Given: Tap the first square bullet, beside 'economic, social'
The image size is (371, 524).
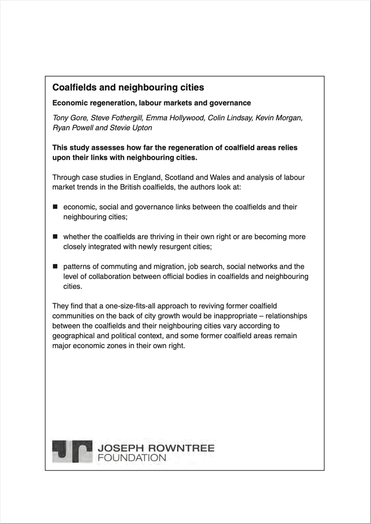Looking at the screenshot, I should point(55,207).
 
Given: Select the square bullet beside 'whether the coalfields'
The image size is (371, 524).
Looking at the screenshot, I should point(55,237).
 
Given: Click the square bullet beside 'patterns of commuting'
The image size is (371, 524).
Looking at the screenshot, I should point(55,266).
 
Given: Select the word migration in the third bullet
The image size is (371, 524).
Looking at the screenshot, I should point(163,266).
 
